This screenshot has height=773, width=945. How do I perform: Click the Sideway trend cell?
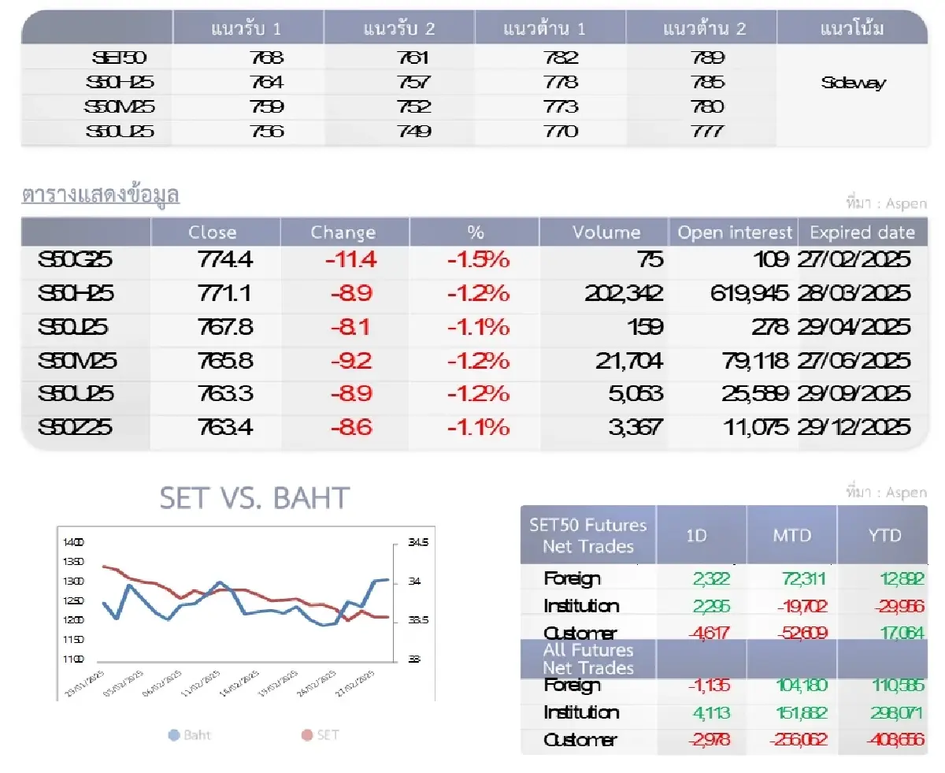point(853,83)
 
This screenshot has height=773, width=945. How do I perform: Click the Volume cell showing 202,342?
point(624,293)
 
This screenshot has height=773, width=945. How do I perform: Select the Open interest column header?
point(735,232)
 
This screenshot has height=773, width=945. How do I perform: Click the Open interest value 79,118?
point(755,361)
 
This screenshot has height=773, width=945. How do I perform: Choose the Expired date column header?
point(862,232)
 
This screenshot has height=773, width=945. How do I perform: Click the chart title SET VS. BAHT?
point(254,498)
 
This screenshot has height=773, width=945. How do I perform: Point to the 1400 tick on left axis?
point(72,542)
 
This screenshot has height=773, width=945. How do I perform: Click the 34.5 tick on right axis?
point(418,542)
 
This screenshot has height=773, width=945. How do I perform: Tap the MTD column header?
point(791,535)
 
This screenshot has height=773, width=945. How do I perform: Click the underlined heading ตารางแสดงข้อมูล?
point(101,195)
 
